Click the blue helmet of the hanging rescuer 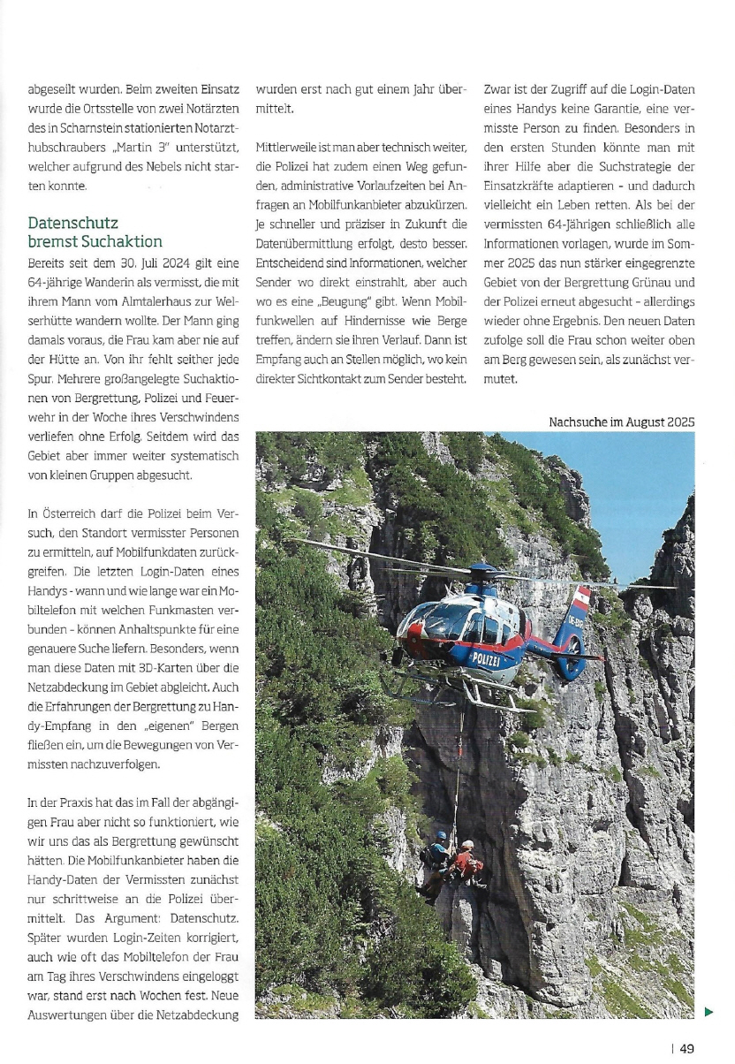coord(441,835)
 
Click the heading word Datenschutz coord(72,224)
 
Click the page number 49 coord(686,1048)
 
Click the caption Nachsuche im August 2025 coord(621,422)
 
